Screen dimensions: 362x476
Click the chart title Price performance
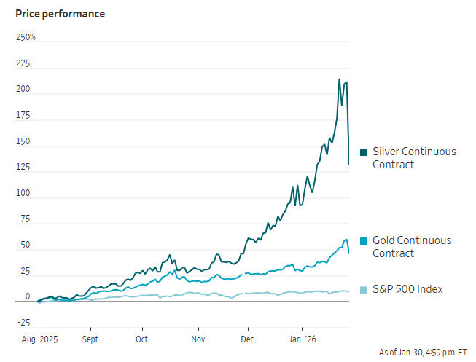pyautogui.click(x=60, y=14)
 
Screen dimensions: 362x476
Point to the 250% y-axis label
pyautogui.click(x=26, y=37)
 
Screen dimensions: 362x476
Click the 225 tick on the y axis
pyautogui.click(x=23, y=63)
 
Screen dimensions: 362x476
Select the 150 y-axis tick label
pyautogui.click(x=23, y=141)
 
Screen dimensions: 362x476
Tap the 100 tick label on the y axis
pyautogui.click(x=23, y=194)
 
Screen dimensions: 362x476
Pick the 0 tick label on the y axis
pyautogui.click(x=28, y=296)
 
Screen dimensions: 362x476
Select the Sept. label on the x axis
pyautogui.click(x=91, y=339)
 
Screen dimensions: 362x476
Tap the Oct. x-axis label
pyautogui.click(x=143, y=339)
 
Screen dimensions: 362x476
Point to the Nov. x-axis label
pyautogui.click(x=200, y=339)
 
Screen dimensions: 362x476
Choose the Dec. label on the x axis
pyautogui.click(x=249, y=339)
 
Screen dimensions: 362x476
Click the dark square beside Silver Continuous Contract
pyautogui.click(x=364, y=152)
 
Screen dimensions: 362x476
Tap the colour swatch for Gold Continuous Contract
pyautogui.click(x=364, y=241)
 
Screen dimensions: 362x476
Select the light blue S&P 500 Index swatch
pyautogui.click(x=364, y=290)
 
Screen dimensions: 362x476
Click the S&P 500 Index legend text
pyautogui.click(x=407, y=290)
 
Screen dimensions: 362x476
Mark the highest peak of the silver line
pyautogui.click(x=339, y=79)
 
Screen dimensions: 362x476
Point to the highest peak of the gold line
pyautogui.click(x=346, y=239)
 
